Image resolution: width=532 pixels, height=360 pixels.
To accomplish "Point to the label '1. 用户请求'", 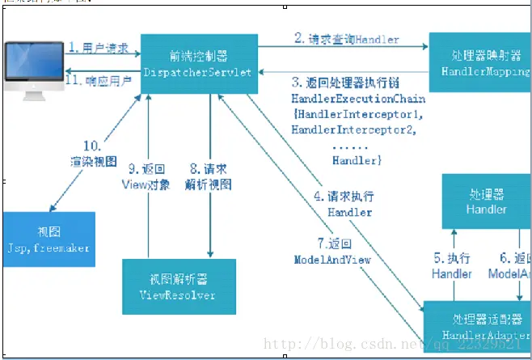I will point(98,49).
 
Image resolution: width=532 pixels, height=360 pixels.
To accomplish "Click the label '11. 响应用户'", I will point(98,82).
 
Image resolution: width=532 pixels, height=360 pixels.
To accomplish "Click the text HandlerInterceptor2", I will point(357,129).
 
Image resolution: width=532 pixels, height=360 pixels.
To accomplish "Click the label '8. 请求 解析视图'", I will point(209,176).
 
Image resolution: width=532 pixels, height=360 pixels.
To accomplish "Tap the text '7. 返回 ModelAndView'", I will point(332,251).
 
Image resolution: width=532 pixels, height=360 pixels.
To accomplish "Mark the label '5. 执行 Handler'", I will point(452,266).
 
